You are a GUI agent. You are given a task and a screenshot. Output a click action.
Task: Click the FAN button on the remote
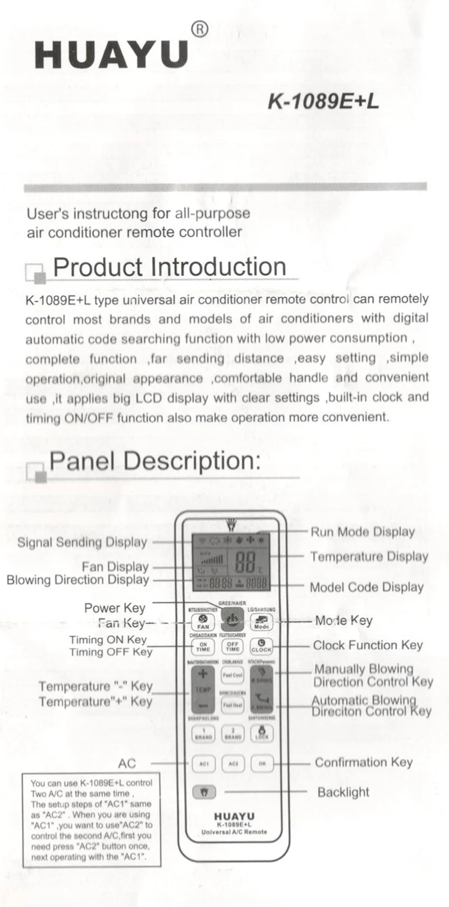203,621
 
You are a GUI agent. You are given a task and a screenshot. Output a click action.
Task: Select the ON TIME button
203,647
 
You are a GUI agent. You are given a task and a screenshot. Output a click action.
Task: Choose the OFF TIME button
232,647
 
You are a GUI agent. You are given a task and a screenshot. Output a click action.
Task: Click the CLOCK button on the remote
261,647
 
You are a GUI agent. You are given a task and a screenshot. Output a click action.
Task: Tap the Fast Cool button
232,675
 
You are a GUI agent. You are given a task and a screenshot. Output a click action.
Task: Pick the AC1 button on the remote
204,763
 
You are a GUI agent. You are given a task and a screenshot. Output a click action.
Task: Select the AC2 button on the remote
233,763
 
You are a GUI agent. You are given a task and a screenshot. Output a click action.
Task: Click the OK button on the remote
262,763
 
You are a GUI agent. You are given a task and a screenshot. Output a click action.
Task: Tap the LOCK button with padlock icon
262,733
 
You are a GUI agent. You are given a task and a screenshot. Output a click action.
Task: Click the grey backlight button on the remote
204,792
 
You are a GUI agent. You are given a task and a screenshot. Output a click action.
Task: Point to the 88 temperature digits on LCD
245,561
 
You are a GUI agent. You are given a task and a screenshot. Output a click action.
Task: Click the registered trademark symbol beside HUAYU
199,30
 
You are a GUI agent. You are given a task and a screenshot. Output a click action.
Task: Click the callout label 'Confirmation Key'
363,762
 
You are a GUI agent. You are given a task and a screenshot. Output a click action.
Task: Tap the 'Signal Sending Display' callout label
82,542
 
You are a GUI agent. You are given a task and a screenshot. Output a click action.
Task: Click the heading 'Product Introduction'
169,267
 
